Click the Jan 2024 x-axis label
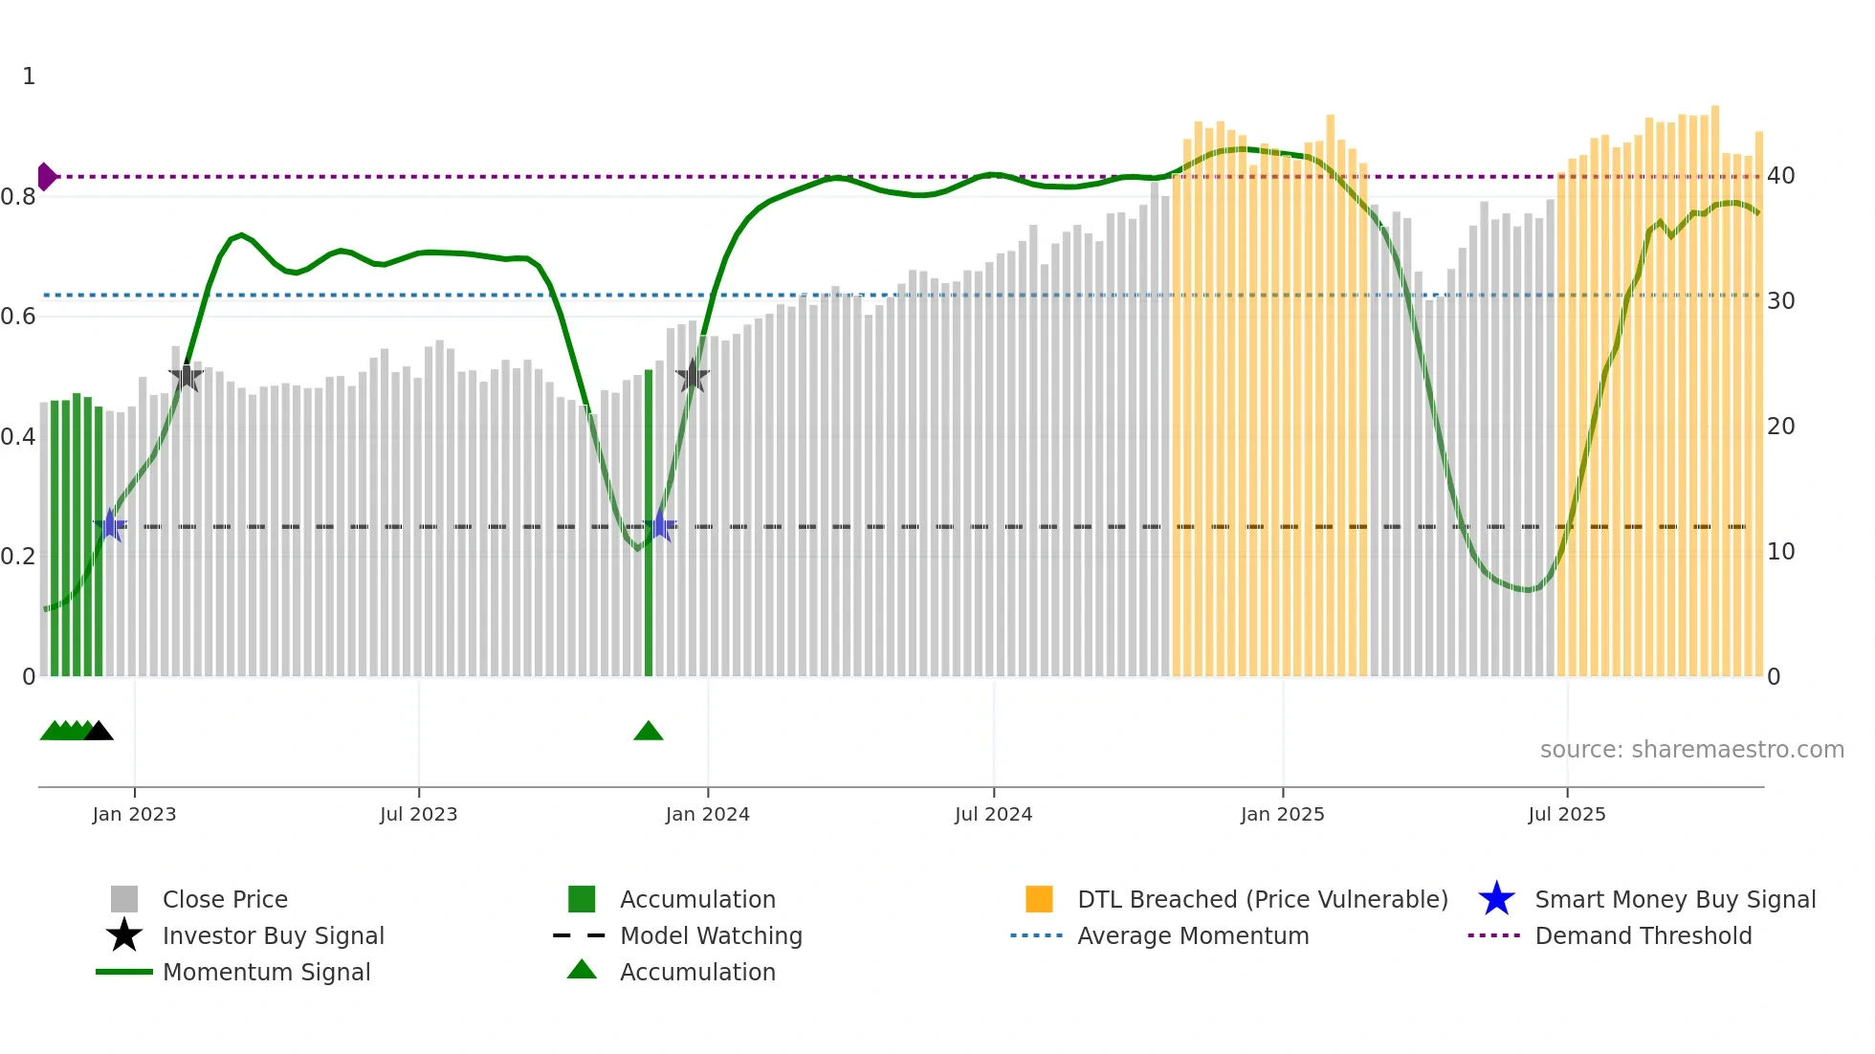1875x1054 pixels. click(707, 814)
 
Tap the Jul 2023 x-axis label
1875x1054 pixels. click(418, 814)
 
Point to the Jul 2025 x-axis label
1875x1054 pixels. click(1566, 814)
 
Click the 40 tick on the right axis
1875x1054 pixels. click(1780, 176)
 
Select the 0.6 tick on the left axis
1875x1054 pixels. click(18, 317)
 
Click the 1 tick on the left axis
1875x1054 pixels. click(29, 77)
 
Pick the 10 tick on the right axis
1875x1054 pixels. click(1780, 552)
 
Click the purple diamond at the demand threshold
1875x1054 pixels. click(46, 177)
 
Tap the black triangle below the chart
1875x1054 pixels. click(99, 731)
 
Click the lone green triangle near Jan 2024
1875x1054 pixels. click(648, 731)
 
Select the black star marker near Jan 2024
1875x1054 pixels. click(692, 376)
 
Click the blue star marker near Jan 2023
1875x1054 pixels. click(110, 525)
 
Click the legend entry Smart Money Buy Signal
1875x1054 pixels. click(1674, 899)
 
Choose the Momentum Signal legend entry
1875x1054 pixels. click(266, 972)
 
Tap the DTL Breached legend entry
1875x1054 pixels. click(1262, 899)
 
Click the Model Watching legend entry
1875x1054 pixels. click(710, 935)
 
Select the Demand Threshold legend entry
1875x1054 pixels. click(1643, 935)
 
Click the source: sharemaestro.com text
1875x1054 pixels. click(1691, 750)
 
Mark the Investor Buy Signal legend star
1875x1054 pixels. click(124, 935)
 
